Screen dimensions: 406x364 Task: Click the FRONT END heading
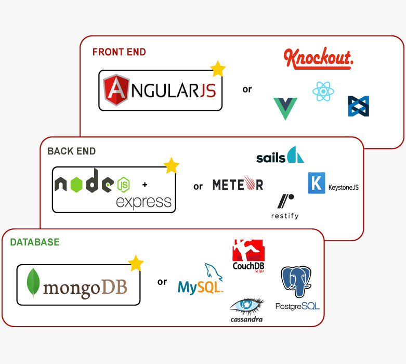click(119, 52)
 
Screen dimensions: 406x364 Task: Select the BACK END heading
click(71, 151)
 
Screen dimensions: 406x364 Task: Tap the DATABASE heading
click(35, 242)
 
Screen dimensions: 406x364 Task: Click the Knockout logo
click(318, 59)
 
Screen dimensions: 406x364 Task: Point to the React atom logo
click(323, 92)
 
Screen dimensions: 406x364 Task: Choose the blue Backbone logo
click(359, 106)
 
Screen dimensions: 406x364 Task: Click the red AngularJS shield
click(115, 90)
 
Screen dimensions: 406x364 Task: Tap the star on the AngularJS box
click(218, 69)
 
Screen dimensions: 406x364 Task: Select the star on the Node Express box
click(171, 166)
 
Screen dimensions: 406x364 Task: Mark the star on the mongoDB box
click(136, 263)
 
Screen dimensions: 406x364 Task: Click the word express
click(143, 201)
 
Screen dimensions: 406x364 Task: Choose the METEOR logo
click(238, 185)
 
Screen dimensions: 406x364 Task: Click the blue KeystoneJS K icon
click(316, 183)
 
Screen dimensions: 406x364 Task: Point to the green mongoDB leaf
click(34, 283)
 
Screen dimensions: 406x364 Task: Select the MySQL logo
click(201, 281)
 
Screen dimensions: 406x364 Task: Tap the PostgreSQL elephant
click(296, 283)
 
